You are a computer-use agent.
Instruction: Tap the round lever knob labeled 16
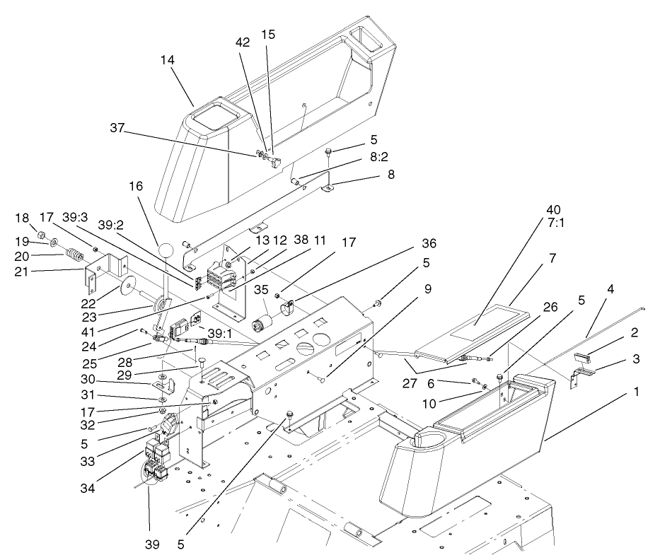[166, 250]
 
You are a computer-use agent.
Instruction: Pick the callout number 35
[262, 289]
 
